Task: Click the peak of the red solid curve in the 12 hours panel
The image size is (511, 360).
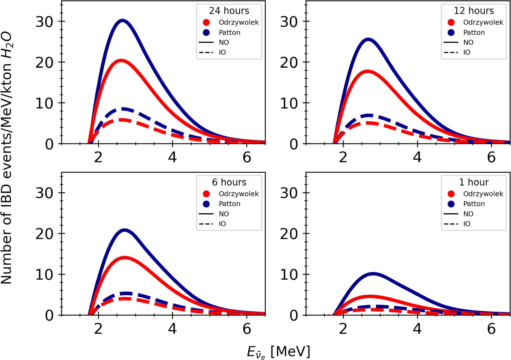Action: click(x=368, y=71)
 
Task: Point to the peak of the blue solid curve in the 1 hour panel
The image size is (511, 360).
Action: click(x=373, y=274)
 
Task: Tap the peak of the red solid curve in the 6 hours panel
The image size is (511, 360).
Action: click(x=125, y=258)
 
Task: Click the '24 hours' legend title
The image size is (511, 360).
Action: click(x=229, y=11)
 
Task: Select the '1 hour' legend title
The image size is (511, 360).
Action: click(x=474, y=182)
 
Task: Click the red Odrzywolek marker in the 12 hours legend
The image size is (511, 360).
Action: click(x=451, y=22)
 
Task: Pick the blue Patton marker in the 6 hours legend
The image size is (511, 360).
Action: click(x=206, y=204)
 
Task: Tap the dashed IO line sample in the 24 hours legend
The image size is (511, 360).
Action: click(x=206, y=53)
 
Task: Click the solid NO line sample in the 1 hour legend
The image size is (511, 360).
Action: click(x=451, y=214)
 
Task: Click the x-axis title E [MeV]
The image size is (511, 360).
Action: click(x=278, y=352)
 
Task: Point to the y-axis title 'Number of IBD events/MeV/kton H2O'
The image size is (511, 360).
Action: click(x=7, y=158)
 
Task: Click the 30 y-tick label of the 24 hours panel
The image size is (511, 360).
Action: click(x=44, y=22)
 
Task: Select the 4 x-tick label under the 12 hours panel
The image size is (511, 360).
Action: click(x=417, y=157)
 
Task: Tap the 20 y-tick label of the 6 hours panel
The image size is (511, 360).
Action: click(x=44, y=234)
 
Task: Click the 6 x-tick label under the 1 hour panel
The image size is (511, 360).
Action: click(x=491, y=329)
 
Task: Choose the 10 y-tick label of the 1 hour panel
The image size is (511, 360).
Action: click(x=289, y=275)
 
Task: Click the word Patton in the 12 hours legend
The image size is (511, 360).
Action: click(x=474, y=32)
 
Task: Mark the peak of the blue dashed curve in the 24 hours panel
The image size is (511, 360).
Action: click(x=123, y=109)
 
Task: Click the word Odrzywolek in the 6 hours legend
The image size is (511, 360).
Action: click(x=239, y=194)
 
